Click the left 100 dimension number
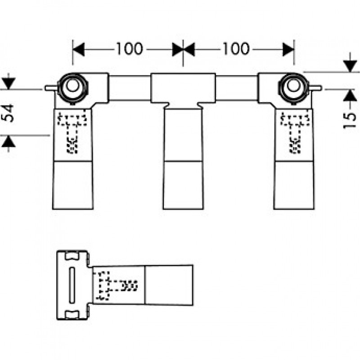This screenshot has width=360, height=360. (x=130, y=49)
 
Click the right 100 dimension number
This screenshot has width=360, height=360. (x=236, y=49)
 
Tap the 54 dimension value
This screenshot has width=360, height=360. (x=8, y=113)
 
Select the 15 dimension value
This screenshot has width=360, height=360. (x=350, y=121)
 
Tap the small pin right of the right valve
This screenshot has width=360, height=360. (x=315, y=88)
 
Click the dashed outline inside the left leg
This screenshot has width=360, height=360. (x=72, y=132)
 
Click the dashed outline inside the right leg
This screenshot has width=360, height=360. (x=295, y=132)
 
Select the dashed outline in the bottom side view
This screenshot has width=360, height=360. (x=117, y=285)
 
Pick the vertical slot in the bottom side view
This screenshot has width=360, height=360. (x=72, y=285)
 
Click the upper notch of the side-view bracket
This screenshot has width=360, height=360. (x=72, y=256)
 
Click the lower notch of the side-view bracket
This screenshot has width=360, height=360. (x=72, y=315)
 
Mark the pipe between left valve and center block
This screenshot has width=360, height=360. (x=130, y=88)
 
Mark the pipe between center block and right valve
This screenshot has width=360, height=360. (x=237, y=88)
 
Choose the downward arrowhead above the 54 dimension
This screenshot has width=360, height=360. (x=9, y=83)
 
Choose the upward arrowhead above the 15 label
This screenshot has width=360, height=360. (x=350, y=95)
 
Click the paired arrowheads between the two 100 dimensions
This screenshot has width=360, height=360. (x=183, y=49)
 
